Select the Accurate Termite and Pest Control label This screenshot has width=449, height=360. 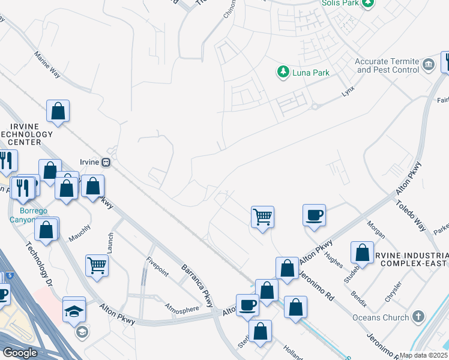coord(387,65)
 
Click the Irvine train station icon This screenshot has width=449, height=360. coord(106,161)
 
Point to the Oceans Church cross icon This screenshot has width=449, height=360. coord(418,316)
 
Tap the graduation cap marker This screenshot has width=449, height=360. coord(74,310)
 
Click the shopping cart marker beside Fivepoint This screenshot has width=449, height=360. coord(97,265)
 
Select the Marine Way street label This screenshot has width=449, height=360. coord(47,65)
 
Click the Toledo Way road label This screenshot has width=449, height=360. coord(410,217)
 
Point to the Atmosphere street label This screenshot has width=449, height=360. coord(182,308)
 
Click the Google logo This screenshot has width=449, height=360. coord(19,352)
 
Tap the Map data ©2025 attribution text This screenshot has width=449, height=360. coord(424,355)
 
